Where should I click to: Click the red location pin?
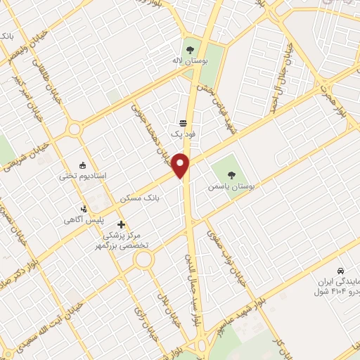[x=181, y=165]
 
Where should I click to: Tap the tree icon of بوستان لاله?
[x=189, y=50]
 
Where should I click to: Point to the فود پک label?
[x=181, y=133]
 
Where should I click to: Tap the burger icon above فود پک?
[x=181, y=121]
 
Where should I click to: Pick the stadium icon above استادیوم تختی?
[x=84, y=162]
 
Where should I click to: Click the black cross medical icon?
[x=121, y=224]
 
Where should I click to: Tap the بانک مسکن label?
[x=140, y=198]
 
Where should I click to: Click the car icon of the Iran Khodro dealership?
[x=340, y=271]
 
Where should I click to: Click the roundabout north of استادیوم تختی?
[x=74, y=129]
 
